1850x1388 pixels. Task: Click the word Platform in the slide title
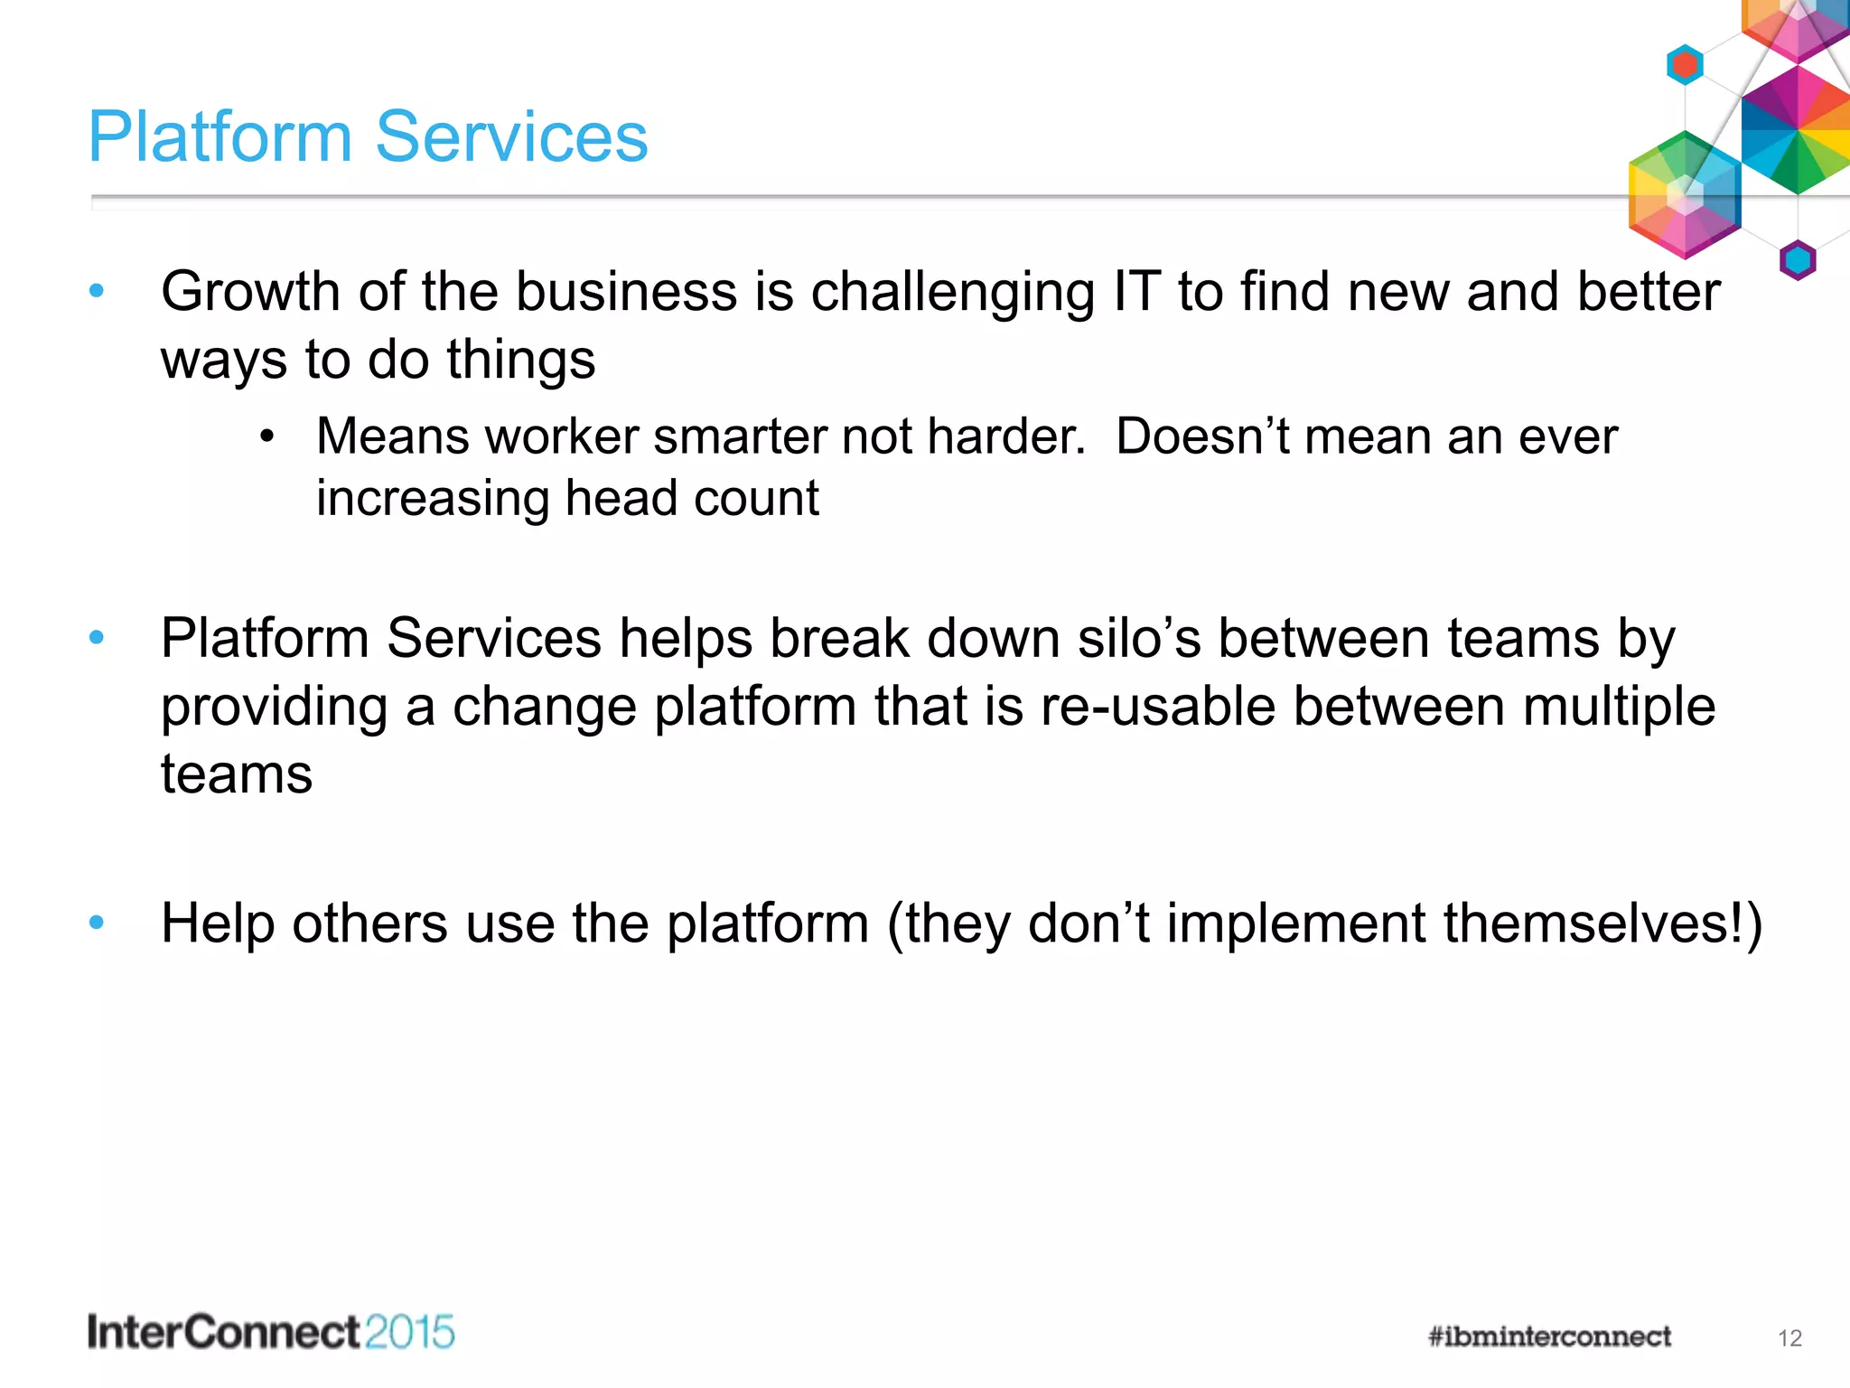(220, 137)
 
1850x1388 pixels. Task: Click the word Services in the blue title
(511, 137)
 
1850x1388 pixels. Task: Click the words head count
(692, 499)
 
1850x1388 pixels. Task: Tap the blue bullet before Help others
(97, 923)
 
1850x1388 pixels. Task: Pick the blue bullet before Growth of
(97, 291)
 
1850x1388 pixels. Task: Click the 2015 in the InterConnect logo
(410, 1333)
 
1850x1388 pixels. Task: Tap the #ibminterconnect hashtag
(1549, 1336)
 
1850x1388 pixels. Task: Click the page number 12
(1789, 1338)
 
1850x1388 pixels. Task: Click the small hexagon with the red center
(1685, 65)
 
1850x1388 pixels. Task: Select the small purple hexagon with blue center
(1798, 261)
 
